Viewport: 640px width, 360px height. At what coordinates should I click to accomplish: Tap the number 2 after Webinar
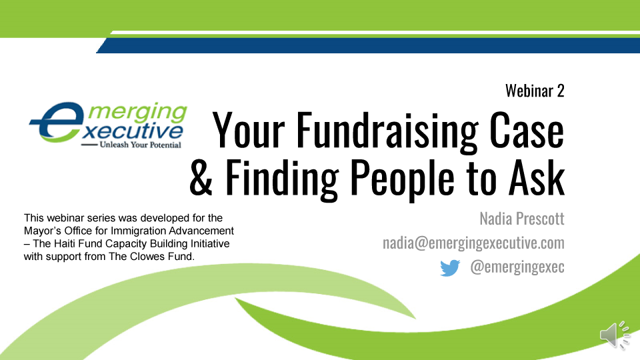[x=560, y=91]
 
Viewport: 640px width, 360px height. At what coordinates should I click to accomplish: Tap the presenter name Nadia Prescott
[x=521, y=218]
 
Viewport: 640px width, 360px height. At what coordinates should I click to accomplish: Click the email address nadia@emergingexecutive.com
[x=473, y=243]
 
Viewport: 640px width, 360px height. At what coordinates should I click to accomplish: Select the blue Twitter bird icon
[x=450, y=268]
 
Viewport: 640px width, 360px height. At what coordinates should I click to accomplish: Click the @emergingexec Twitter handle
[x=517, y=267]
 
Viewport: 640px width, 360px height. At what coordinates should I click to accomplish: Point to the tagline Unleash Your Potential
[x=139, y=144]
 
